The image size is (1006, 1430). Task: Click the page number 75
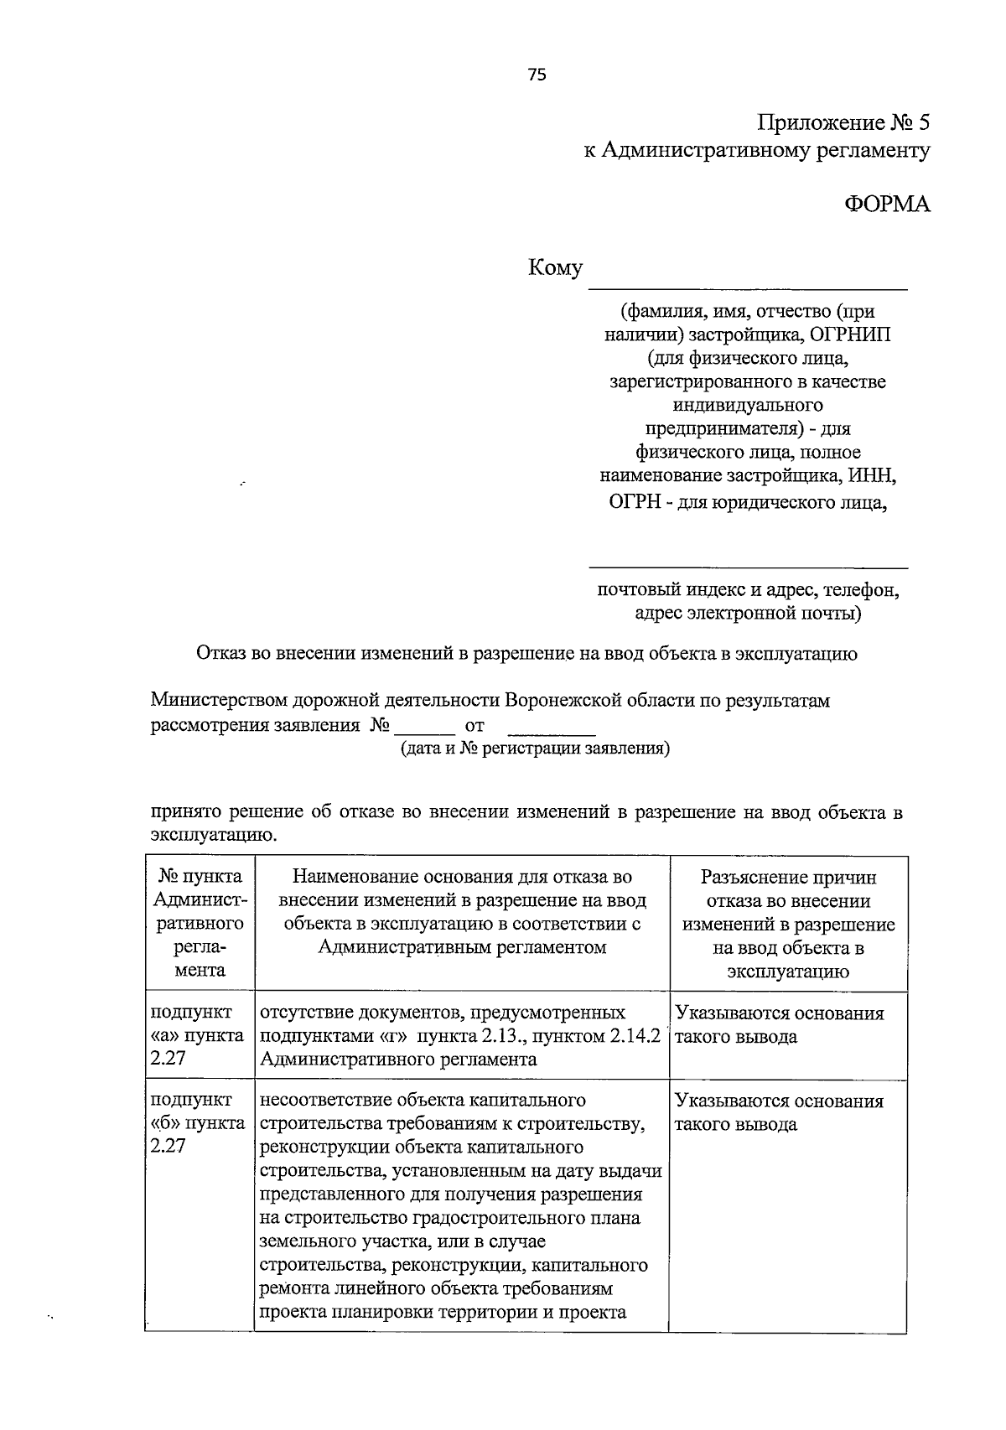click(x=537, y=75)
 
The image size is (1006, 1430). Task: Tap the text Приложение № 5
click(x=843, y=124)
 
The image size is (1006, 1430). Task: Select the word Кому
click(x=555, y=269)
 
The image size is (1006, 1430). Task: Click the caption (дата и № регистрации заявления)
click(x=534, y=749)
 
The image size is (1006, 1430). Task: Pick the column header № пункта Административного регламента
click(x=200, y=923)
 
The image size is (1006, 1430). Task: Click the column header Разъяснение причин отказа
click(x=788, y=925)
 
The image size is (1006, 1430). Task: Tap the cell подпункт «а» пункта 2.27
click(x=198, y=1036)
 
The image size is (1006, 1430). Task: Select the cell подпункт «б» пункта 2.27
click(x=198, y=1123)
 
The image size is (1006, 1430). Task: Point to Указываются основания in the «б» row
click(x=779, y=1101)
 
